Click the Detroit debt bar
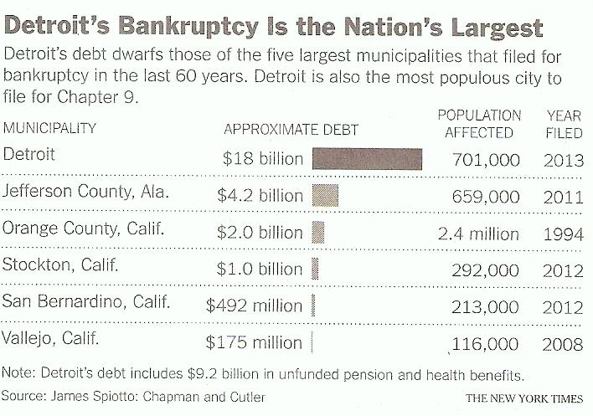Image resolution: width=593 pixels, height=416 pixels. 368,159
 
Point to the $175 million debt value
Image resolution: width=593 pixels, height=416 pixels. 255,342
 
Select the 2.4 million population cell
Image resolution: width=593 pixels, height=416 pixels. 478,234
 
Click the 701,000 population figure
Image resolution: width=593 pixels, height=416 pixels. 486,159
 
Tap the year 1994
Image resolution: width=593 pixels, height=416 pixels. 563,234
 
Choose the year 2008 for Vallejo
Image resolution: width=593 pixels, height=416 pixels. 563,342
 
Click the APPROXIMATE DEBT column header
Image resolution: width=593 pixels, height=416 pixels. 291,130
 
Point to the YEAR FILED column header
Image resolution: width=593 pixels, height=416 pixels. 564,124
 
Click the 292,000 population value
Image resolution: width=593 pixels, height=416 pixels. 486,270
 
